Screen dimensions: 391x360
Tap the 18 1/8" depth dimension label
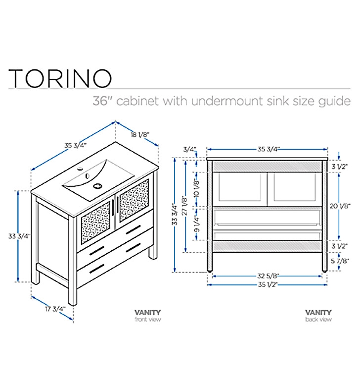[140, 135]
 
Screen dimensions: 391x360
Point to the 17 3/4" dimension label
[55, 309]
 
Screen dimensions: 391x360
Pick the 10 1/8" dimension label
[197, 188]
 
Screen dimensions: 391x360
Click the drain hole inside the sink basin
[97, 186]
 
